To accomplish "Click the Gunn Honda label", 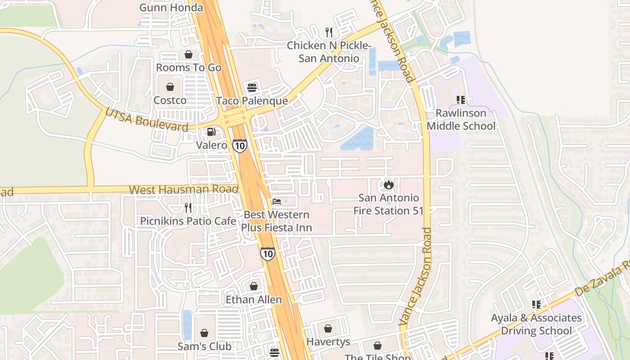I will (171, 8).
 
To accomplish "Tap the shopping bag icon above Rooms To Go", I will (188, 54).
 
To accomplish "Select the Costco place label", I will (170, 100).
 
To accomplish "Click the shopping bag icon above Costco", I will (170, 87).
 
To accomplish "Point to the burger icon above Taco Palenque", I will (252, 87).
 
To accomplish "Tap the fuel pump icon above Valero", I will (211, 132).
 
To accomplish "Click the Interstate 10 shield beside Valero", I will (239, 145).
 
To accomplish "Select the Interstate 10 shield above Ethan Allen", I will (268, 254).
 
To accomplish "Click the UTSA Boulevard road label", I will (146, 120).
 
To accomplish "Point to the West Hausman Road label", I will (184, 189).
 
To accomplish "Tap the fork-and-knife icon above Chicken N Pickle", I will (329, 32).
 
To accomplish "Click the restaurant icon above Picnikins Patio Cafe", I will (188, 208).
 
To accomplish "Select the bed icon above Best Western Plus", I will (277, 202).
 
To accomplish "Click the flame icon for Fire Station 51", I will (388, 184).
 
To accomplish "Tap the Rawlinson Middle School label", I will (461, 119).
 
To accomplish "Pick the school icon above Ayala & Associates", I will (535, 305).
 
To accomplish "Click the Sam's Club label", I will (204, 346).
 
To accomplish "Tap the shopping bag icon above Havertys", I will (328, 328).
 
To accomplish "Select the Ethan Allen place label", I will (254, 299).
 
